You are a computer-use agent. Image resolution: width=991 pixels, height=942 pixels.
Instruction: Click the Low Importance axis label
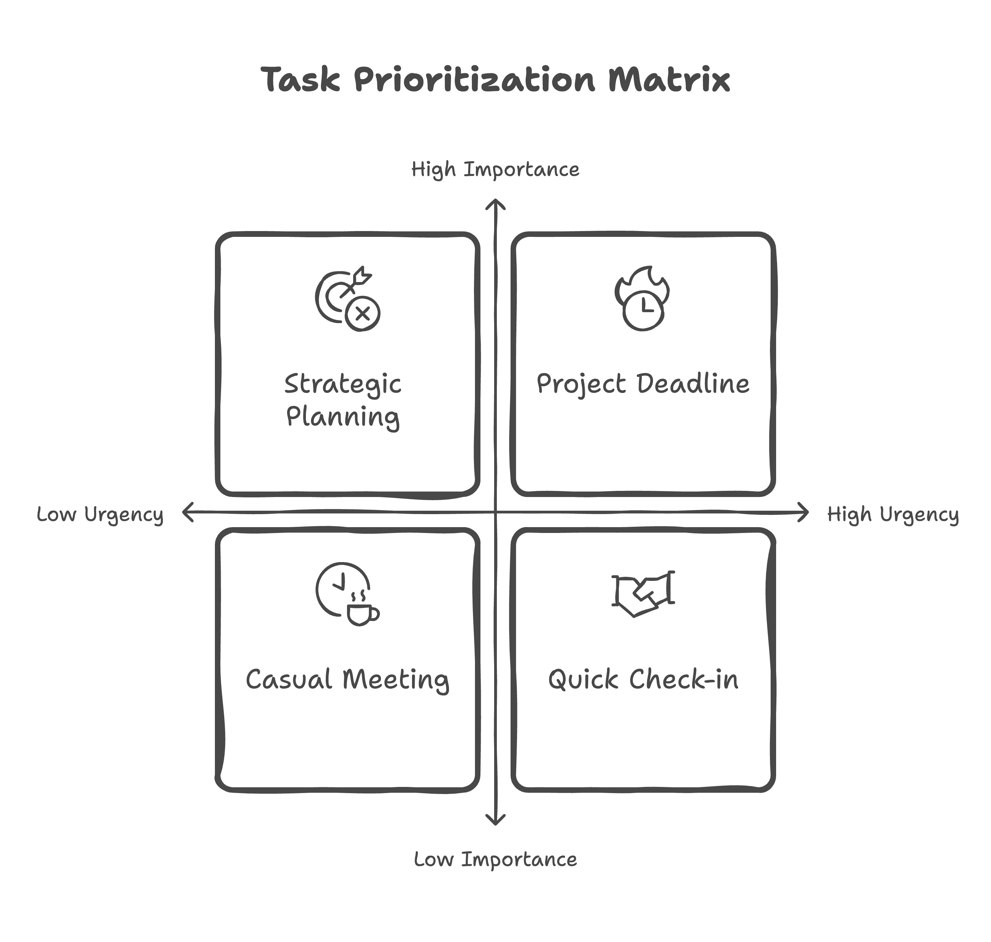click(x=495, y=859)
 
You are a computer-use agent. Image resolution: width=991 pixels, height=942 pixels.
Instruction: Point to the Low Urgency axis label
click(x=100, y=514)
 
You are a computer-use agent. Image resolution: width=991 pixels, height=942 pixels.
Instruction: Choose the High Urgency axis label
click(x=892, y=514)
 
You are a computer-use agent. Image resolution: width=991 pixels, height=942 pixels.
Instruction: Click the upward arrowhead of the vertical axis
click(x=495, y=203)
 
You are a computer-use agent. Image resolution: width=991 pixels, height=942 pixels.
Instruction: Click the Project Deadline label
click(x=643, y=384)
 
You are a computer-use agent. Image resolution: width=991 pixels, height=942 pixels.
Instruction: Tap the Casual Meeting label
click(x=347, y=680)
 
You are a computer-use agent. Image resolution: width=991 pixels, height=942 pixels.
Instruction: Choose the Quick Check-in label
click(x=643, y=680)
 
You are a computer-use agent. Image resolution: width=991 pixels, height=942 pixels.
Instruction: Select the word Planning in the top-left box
click(x=343, y=417)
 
